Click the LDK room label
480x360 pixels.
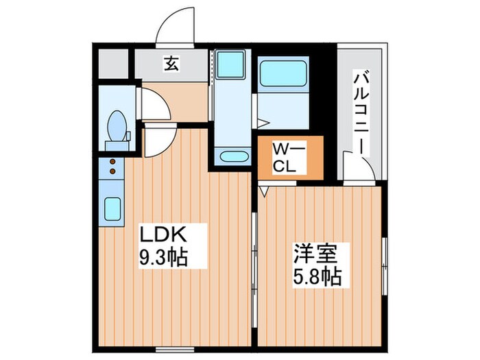point(163,235)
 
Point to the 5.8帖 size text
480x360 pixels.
point(317,276)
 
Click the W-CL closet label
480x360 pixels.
point(287,158)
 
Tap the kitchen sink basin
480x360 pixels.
point(112,207)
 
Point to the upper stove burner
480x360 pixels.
point(111,163)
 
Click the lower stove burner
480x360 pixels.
point(111,172)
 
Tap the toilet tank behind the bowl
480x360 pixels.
point(117,145)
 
